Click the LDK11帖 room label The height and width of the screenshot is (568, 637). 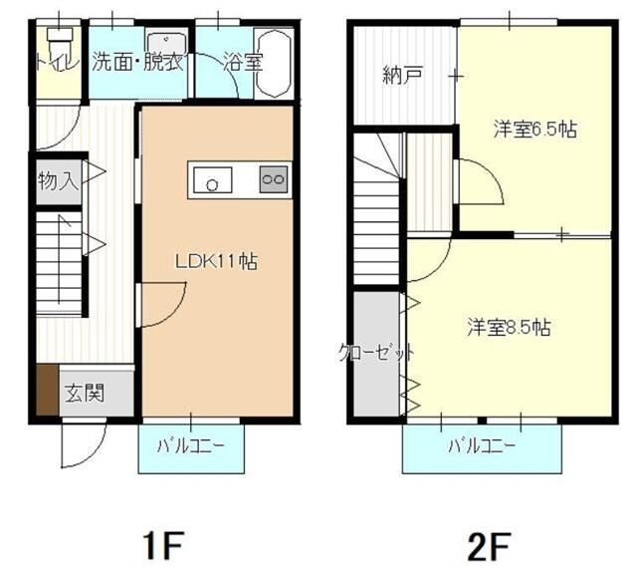[217, 262]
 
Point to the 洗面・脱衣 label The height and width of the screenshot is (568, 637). [137, 62]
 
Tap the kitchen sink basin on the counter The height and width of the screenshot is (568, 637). [212, 180]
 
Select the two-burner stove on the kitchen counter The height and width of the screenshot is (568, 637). [273, 180]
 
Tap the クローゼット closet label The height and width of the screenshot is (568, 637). [376, 352]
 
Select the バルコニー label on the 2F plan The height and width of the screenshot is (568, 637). [482, 444]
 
